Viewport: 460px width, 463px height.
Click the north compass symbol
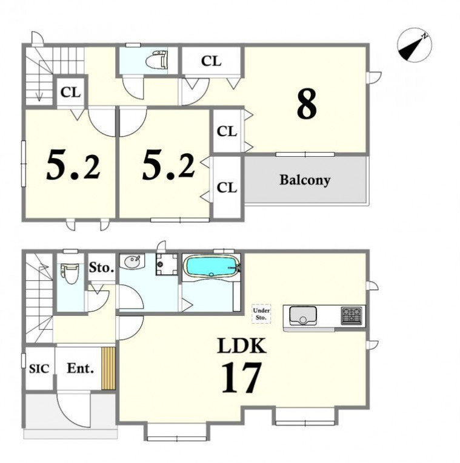click(415, 45)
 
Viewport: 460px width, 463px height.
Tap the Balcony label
click(305, 180)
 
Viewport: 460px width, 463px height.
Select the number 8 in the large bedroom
click(307, 104)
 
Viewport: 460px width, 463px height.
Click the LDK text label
click(242, 346)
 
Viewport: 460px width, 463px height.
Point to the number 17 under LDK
click(242, 378)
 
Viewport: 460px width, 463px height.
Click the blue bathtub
click(212, 267)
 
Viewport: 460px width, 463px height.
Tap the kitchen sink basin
click(302, 316)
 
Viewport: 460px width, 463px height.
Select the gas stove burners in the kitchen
click(352, 316)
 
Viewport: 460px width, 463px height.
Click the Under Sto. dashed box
click(261, 314)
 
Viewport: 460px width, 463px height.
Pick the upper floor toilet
click(157, 59)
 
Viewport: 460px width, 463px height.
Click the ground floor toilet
click(69, 274)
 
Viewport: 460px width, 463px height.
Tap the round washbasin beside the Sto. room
click(132, 261)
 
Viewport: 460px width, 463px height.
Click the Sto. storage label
click(101, 268)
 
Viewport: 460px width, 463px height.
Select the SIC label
click(39, 369)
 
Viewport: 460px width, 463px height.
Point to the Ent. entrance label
click(80, 368)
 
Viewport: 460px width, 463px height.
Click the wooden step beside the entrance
click(108, 369)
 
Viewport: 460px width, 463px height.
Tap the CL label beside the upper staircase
click(70, 93)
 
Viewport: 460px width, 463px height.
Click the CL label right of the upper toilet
click(211, 61)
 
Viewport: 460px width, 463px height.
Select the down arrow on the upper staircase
click(39, 89)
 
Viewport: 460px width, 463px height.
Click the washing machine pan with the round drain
click(167, 264)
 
